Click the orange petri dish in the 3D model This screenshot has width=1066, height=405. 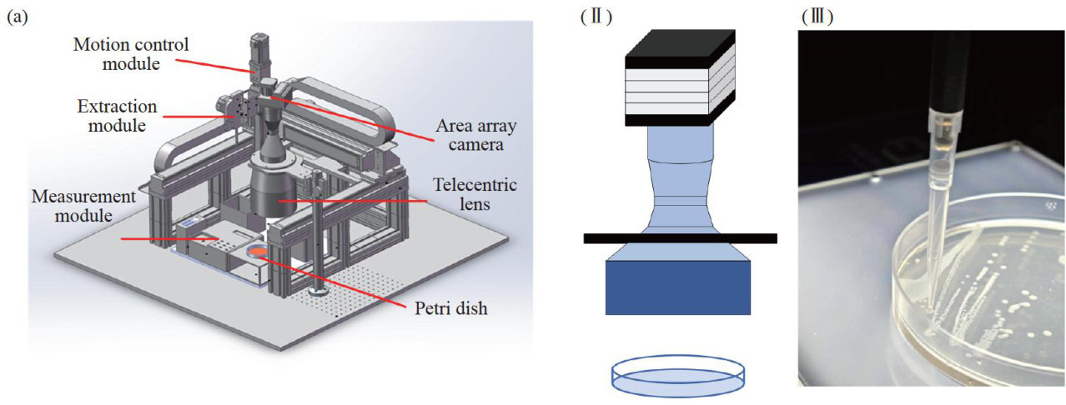(x=259, y=251)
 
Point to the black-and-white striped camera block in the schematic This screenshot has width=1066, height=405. (x=680, y=78)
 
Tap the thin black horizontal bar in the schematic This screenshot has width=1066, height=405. (x=680, y=238)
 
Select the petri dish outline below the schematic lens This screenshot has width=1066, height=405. (x=679, y=374)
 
